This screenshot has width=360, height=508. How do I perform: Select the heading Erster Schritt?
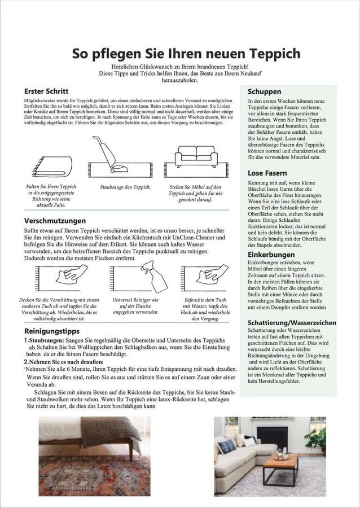click(x=46, y=91)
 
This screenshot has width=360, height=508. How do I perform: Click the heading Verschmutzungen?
click(x=55, y=221)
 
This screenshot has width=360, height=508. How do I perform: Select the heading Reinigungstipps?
click(x=51, y=330)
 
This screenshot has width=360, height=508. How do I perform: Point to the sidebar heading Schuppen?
click(x=264, y=91)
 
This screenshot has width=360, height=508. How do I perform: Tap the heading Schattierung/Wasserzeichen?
click(x=292, y=322)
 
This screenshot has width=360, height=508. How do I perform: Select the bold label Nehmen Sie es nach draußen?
click(x=62, y=361)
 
